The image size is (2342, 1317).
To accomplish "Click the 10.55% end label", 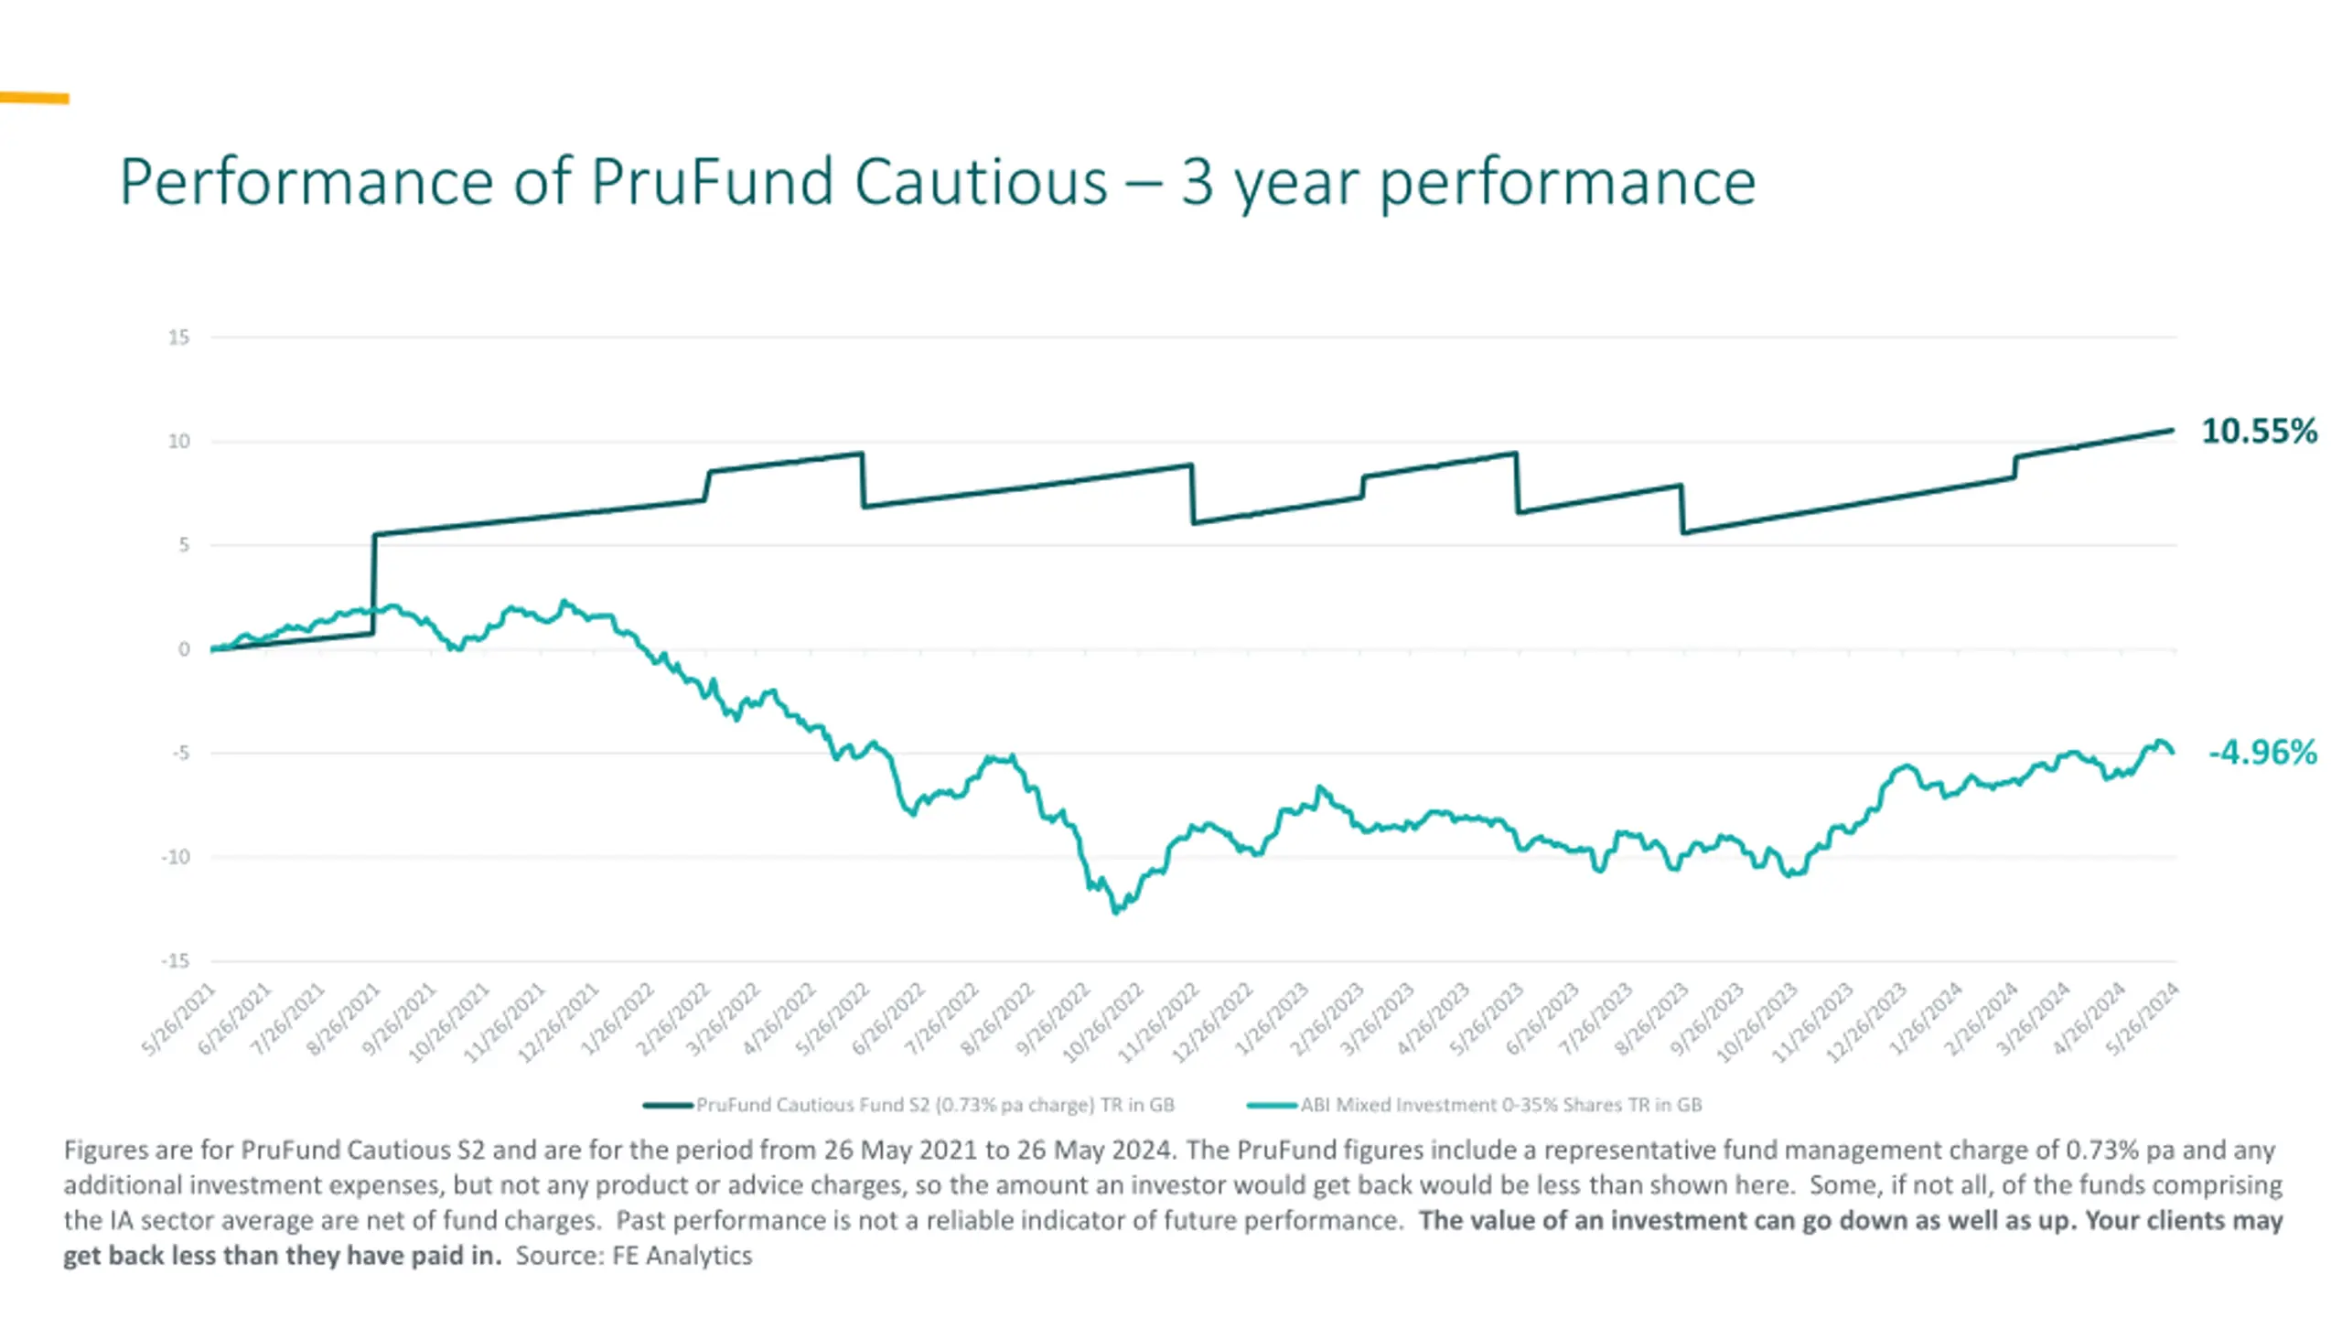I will click(2258, 431).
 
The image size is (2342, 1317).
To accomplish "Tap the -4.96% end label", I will click(2261, 753).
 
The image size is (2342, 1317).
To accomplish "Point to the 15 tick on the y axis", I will click(178, 337).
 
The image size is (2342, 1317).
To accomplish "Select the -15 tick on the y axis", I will click(176, 961).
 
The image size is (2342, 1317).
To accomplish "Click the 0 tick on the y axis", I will click(184, 649).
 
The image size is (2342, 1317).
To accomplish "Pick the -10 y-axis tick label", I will click(176, 857).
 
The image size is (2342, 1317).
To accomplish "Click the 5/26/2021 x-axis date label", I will click(179, 1020).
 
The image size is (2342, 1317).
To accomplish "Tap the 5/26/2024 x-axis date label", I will click(2143, 1020).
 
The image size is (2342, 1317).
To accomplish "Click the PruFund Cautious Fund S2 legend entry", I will click(934, 1105).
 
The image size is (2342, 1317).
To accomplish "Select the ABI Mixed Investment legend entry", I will click(1500, 1105).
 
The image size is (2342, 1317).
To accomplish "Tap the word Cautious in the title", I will click(981, 182).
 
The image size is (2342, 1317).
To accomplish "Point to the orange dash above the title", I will click(34, 98).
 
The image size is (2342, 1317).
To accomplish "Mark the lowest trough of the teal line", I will click(1115, 911).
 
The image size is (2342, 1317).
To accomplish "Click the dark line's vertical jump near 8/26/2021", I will click(373, 585).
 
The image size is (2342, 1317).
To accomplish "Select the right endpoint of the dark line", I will click(2173, 430).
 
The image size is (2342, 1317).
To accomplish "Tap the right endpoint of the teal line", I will click(2173, 752).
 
